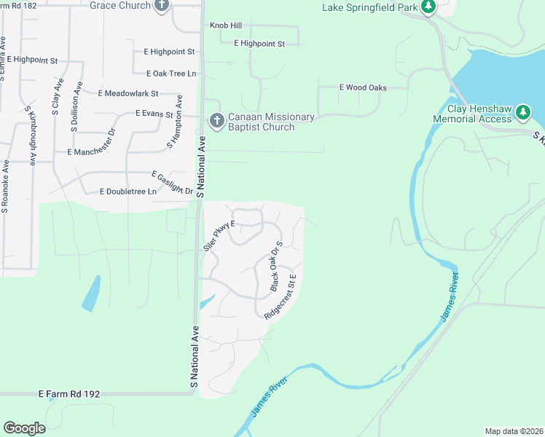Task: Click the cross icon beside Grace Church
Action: tap(162, 6)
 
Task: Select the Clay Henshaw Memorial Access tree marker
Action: tap(522, 112)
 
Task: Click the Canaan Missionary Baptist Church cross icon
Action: tap(216, 121)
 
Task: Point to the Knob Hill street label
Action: tap(225, 25)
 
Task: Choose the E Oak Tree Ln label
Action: tap(171, 74)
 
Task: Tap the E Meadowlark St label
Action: tap(128, 94)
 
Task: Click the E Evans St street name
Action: tap(154, 114)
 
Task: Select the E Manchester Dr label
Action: tap(91, 152)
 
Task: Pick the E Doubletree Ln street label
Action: tap(128, 192)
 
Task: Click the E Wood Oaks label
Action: tap(363, 87)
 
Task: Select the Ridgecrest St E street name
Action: tap(281, 296)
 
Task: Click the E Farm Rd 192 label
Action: tap(68, 394)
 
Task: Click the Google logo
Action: tap(24, 428)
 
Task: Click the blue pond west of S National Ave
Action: tap(91, 294)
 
